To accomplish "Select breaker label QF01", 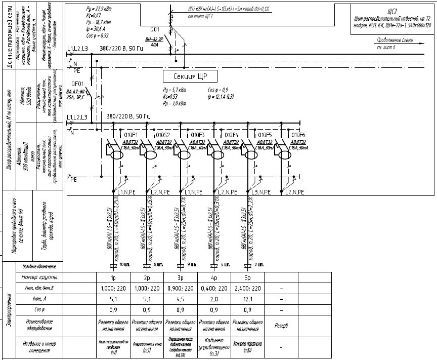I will pos(77,84).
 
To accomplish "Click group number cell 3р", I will pos(181,278).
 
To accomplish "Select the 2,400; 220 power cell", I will pos(247,288).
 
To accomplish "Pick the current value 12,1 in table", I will pos(247,299).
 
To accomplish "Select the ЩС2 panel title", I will pos(394,10).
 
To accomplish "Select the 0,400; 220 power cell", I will pos(214,288).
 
